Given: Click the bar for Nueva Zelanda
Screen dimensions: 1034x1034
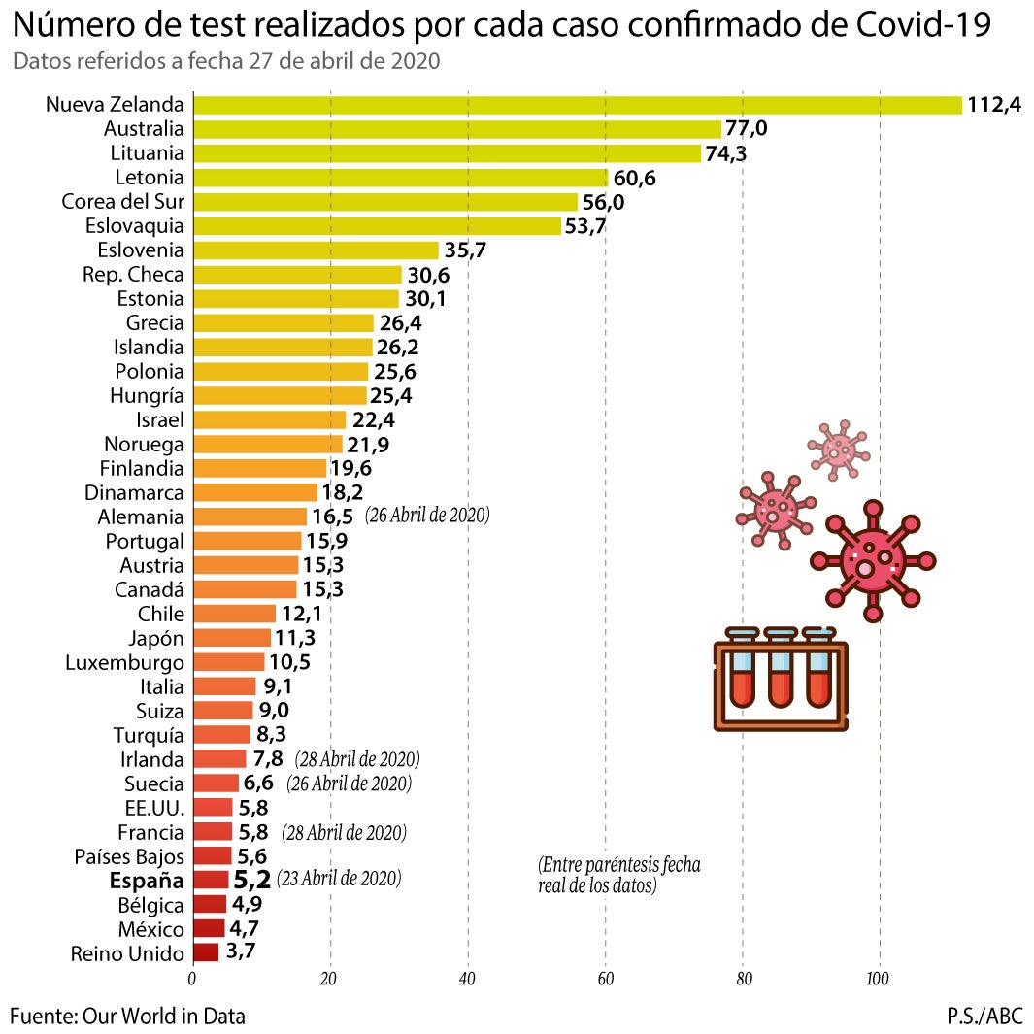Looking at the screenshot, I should pyautogui.click(x=578, y=105).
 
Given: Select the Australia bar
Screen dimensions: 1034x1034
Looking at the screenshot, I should pyautogui.click(x=457, y=129).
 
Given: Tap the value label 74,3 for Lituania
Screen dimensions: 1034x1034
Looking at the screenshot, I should pyautogui.click(x=726, y=153).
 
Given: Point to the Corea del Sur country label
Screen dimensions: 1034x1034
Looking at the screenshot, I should pyautogui.click(x=122, y=202).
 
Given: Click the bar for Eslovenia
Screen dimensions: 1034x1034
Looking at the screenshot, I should pyautogui.click(x=317, y=250).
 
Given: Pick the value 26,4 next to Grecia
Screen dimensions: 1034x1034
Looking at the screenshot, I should pyautogui.click(x=399, y=322).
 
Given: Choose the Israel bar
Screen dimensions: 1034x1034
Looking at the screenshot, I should pyautogui.click(x=270, y=419).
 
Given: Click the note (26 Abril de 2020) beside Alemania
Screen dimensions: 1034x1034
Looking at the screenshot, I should pyautogui.click(x=427, y=516).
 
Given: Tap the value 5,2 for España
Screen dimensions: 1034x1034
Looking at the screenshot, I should pyautogui.click(x=251, y=881).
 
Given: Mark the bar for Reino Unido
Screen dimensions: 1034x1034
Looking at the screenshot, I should pyautogui.click(x=206, y=953).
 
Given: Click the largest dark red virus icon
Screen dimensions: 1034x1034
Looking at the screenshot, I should pyautogui.click(x=872, y=561).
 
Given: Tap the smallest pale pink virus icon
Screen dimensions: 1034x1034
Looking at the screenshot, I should pyautogui.click(x=838, y=449).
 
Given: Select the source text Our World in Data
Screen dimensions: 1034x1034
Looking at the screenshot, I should pyautogui.click(x=164, y=1017).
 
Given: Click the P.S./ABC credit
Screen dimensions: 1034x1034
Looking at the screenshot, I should pyautogui.click(x=984, y=1017).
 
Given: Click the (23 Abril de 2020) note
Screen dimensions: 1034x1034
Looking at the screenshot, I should pyautogui.click(x=339, y=880).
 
